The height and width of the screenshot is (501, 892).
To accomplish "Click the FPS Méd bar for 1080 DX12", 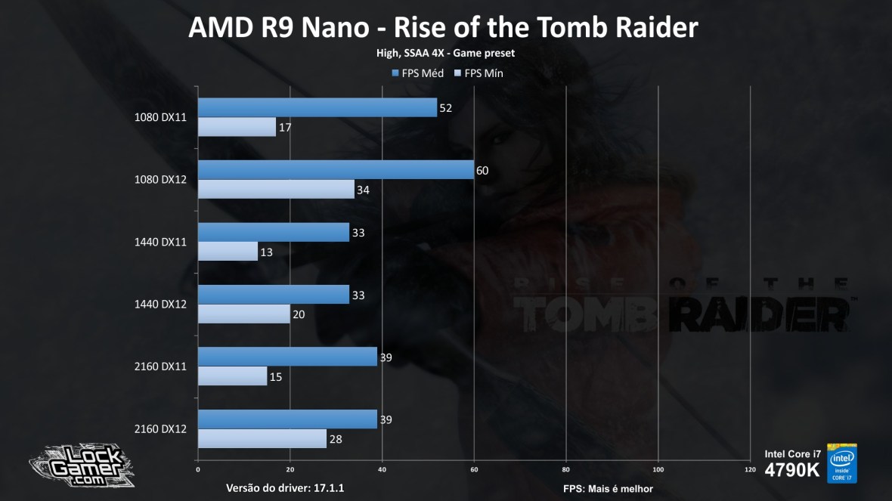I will coord(336,170).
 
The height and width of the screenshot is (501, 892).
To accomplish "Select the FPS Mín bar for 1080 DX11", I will coord(237,127).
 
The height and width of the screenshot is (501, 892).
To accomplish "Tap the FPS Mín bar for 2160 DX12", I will coord(262,438).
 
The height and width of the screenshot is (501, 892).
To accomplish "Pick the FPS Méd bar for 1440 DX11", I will coord(273,233).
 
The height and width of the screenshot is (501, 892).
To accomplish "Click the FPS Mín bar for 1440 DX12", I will coord(243,314).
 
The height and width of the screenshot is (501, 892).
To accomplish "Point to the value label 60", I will coord(482,171).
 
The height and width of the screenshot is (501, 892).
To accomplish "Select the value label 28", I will coord(335,439).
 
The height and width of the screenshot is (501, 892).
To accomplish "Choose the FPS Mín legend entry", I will coord(479,73).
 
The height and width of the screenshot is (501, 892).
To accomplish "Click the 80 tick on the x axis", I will coord(565,469).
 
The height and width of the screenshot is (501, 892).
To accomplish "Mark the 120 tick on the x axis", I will coord(749,469).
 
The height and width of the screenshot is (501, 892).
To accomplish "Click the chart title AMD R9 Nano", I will coord(442,27).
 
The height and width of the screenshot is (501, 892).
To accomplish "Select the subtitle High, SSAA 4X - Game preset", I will coord(446,54).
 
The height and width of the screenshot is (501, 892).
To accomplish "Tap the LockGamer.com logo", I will coord(81,462).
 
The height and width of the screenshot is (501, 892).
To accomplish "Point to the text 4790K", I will coord(791,470).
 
